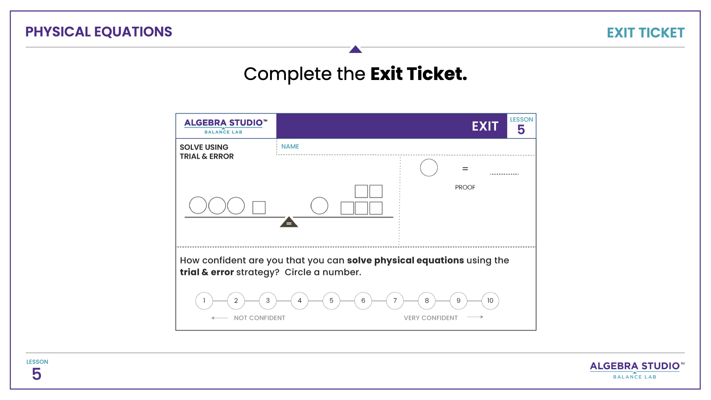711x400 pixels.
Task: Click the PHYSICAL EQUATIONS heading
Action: pyautogui.click(x=99, y=32)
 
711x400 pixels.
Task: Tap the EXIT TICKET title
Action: pyautogui.click(x=645, y=33)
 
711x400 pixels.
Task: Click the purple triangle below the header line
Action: pyautogui.click(x=355, y=49)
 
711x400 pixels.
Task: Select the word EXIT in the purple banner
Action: pyautogui.click(x=485, y=126)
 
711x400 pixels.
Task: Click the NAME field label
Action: pyautogui.click(x=290, y=147)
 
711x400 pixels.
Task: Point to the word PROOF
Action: pyautogui.click(x=465, y=187)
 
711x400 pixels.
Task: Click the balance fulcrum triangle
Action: pyautogui.click(x=289, y=222)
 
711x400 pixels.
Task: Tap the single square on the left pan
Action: pyautogui.click(x=259, y=207)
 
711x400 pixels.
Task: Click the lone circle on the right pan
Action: pyautogui.click(x=319, y=206)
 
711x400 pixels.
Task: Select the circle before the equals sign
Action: pyautogui.click(x=429, y=168)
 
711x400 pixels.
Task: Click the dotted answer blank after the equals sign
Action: pyautogui.click(x=504, y=174)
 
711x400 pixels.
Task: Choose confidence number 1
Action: pyautogui.click(x=204, y=301)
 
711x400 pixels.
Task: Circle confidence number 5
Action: pyautogui.click(x=331, y=301)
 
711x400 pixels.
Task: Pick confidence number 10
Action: pyautogui.click(x=490, y=301)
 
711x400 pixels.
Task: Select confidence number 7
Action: pyautogui.click(x=395, y=301)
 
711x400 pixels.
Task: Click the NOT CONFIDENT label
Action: pyautogui.click(x=260, y=318)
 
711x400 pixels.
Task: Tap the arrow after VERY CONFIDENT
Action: pyautogui.click(x=475, y=317)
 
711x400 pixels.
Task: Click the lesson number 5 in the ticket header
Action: pyautogui.click(x=521, y=130)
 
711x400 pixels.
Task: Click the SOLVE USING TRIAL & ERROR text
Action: pyautogui.click(x=207, y=152)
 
